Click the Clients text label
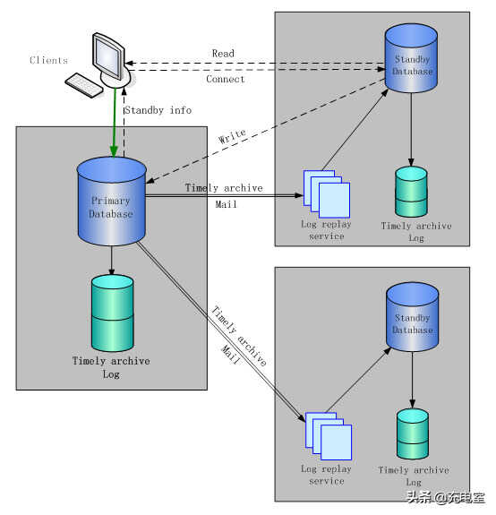pyautogui.click(x=48, y=60)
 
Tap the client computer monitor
pyautogui.click(x=108, y=56)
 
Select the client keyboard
pyautogui.click(x=84, y=85)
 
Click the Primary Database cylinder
pyautogui.click(x=112, y=201)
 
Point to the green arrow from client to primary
pyautogui.click(x=115, y=122)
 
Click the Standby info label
pyautogui.click(x=158, y=110)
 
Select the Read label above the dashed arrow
pyautogui.click(x=223, y=54)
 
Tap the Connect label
pyautogui.click(x=226, y=79)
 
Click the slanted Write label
pyautogui.click(x=232, y=136)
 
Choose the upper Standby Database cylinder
pyautogui.click(x=411, y=58)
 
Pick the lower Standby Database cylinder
pyautogui.click(x=413, y=317)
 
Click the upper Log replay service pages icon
pyautogui.click(x=327, y=194)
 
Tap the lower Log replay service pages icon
pyautogui.click(x=329, y=436)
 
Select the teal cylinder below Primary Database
pyautogui.click(x=112, y=313)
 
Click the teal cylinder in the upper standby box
pyautogui.click(x=411, y=192)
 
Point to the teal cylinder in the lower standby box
pyautogui.click(x=413, y=433)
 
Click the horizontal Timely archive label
pyautogui.click(x=224, y=188)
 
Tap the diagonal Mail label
pyautogui.click(x=230, y=355)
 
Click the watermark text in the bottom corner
pyautogui.click(x=446, y=497)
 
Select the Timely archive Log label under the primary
pyautogui.click(x=111, y=367)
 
